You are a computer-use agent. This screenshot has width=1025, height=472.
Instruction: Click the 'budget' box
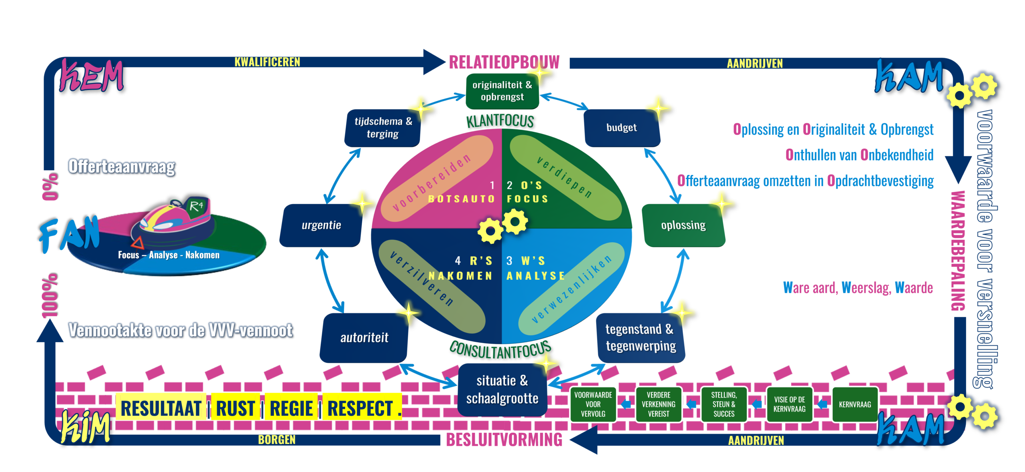[621, 128]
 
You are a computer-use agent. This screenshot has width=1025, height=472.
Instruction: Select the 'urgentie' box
[321, 225]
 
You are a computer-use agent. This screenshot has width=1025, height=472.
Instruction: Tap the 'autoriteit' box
[364, 338]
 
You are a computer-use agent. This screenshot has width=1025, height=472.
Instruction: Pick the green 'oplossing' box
[683, 225]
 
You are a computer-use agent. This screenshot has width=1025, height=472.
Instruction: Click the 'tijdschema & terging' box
[383, 127]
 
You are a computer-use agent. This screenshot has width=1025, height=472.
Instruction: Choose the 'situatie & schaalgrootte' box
[502, 390]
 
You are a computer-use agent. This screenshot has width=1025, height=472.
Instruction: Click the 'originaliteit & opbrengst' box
[502, 91]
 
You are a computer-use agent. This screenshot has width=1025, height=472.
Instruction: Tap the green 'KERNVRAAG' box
[855, 404]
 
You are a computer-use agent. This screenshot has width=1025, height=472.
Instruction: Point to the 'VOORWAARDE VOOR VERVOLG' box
[593, 404]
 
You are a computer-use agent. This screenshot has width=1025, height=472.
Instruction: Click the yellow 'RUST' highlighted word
[235, 408]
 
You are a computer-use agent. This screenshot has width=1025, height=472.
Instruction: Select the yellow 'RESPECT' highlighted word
[360, 408]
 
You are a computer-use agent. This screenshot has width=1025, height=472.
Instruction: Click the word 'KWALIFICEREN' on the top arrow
[267, 62]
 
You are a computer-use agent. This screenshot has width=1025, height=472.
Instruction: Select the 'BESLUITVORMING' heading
[504, 440]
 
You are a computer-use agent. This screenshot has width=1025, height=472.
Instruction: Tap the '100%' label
[50, 296]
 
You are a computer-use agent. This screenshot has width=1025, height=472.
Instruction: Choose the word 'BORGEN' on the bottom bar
[277, 440]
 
